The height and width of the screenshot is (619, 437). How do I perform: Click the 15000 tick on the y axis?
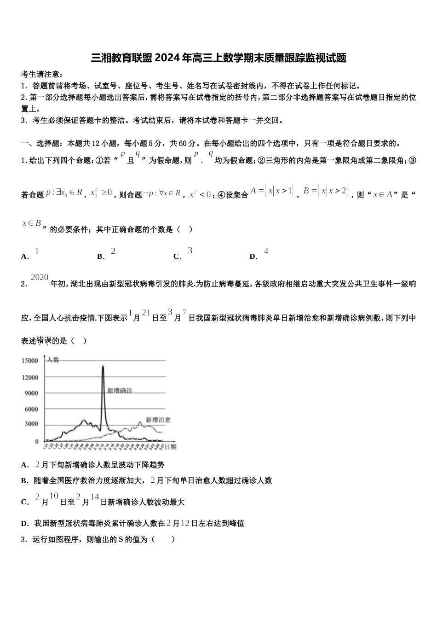pos(30,361)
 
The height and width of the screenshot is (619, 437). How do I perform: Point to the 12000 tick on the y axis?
pos(30,378)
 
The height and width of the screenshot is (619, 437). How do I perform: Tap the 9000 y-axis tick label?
pos(31,393)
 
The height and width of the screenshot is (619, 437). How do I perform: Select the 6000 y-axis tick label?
pos(31,409)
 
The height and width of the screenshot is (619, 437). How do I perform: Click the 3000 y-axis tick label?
pos(31,424)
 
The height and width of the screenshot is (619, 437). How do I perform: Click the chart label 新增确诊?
pos(120,391)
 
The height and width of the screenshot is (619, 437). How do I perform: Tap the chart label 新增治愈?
pos(158,420)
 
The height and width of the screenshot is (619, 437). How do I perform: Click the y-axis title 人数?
pos(53,360)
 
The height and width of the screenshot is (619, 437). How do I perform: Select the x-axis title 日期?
pos(170,447)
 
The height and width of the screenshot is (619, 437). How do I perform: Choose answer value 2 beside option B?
pos(113,251)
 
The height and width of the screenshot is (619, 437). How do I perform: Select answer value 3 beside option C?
pos(190,251)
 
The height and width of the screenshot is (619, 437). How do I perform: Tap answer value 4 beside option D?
pos(266,251)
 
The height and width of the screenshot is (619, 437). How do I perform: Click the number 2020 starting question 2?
pos(40,277)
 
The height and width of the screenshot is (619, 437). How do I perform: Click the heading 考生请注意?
pos(41,75)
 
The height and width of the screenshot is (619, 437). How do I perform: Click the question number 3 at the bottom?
pos(23,539)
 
